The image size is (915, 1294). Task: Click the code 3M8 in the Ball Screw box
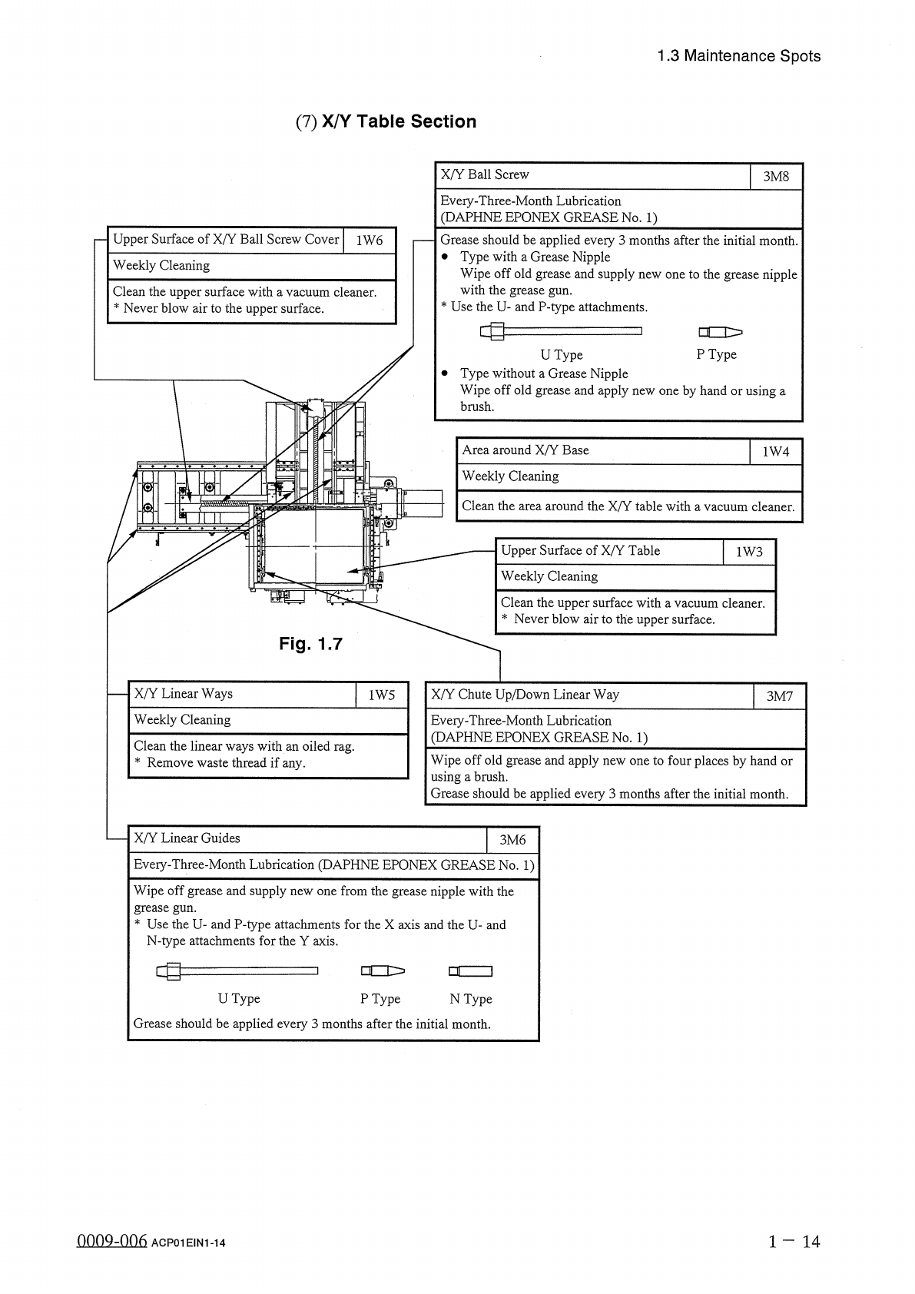776,177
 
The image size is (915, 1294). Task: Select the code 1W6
369,241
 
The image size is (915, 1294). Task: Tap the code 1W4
775,452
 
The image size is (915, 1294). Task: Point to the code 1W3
749,552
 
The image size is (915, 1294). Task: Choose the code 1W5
382,695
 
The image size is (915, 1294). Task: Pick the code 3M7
779,696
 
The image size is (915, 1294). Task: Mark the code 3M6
512,840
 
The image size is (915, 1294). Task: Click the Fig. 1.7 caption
310,644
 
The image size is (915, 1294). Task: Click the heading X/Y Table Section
386,121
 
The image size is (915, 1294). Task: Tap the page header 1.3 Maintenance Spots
739,56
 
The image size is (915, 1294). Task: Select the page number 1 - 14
794,1240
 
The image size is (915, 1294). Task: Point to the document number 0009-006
111,1242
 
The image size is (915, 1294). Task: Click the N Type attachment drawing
470,971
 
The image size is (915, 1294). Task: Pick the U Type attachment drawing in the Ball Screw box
561,332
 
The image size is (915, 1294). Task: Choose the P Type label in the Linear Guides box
380,998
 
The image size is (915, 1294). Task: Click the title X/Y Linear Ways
183,693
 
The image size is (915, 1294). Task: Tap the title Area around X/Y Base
525,450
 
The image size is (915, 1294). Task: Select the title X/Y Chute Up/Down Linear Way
525,695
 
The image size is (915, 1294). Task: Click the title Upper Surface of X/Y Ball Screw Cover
226,239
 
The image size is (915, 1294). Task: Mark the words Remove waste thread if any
226,763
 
